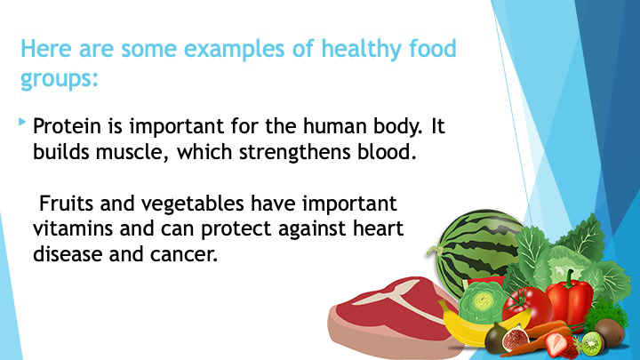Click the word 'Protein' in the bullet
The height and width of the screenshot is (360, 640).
click(67, 125)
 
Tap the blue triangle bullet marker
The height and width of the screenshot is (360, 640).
click(22, 122)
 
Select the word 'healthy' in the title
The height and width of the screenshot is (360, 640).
click(356, 50)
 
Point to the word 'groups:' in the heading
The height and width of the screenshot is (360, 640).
click(60, 78)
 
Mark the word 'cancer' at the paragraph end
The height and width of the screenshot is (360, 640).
click(184, 255)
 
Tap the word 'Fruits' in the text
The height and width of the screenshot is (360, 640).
click(66, 204)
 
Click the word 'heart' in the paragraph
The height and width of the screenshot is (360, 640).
click(378, 228)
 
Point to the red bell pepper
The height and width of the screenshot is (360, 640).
click(570, 300)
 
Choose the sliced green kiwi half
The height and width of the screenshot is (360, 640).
click(592, 343)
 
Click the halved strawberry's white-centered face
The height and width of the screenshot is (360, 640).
click(556, 344)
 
